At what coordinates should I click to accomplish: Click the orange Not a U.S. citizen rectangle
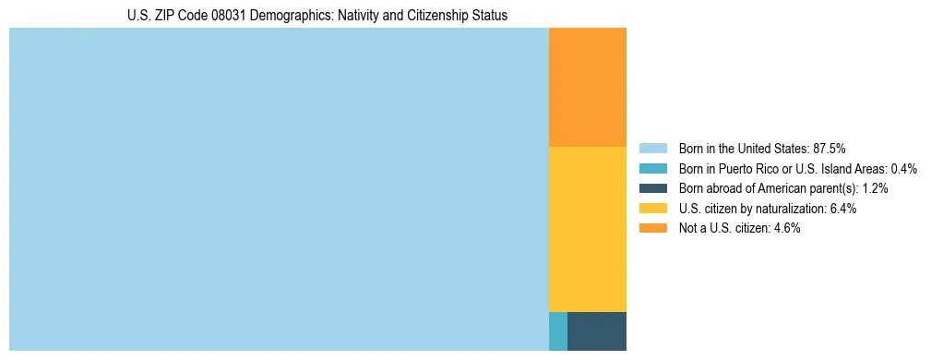click(587, 87)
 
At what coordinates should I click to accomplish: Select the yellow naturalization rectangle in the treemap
click(587, 229)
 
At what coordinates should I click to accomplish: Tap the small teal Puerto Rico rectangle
click(557, 331)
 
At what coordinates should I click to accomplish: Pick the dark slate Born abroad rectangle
click(596, 331)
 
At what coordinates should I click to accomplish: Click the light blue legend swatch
click(652, 148)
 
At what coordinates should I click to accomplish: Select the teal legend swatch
click(652, 168)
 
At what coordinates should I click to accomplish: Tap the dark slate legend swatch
click(652, 188)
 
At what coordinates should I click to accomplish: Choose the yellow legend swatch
click(652, 209)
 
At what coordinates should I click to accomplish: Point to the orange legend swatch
click(652, 228)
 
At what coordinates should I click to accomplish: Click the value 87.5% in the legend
click(830, 148)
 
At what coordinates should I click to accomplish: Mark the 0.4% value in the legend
click(903, 168)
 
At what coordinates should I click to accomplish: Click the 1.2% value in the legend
click(875, 188)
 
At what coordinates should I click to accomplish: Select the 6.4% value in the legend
click(842, 209)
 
